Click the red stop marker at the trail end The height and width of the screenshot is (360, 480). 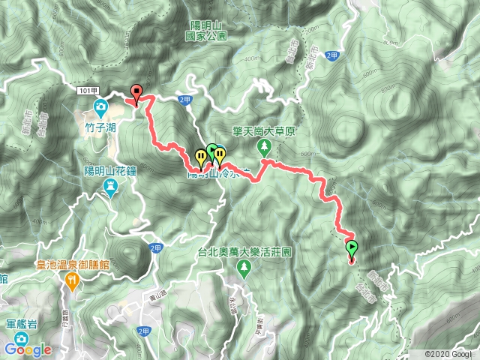136,92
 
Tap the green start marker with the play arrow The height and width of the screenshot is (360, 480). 352,247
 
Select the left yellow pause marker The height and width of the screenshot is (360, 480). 200,157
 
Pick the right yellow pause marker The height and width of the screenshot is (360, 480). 219,154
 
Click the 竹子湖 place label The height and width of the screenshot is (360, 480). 100,128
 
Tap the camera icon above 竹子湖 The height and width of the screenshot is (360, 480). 100,106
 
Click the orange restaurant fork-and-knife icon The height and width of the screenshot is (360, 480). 73,282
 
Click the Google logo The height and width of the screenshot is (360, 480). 27,349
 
